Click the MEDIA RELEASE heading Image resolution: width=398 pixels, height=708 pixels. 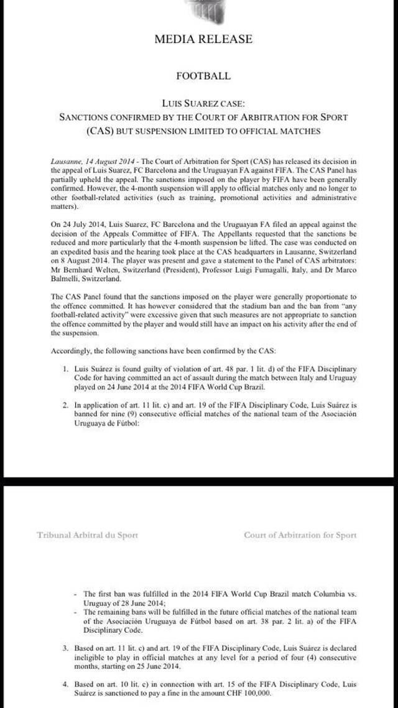coord(203,39)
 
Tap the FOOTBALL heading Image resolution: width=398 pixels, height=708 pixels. coord(203,76)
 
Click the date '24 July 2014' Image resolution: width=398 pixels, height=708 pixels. coord(86,223)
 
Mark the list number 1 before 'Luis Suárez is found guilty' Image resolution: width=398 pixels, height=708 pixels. coord(65,370)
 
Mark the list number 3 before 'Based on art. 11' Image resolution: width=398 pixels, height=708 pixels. coord(65,648)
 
